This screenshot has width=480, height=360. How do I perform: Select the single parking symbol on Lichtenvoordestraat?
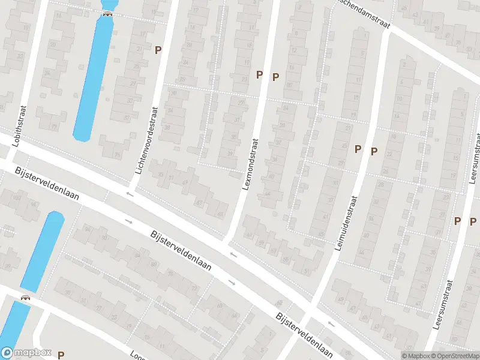pos(158,50)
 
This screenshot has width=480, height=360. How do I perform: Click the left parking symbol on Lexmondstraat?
pos(260,74)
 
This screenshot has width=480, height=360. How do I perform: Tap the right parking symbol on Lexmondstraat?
pos(276,76)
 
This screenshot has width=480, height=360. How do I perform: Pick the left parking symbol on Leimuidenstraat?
pos(358,149)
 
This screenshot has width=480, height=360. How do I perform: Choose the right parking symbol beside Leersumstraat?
pos(473,221)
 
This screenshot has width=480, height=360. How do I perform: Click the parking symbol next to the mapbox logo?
pos(61,355)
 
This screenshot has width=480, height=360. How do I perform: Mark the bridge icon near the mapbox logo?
pos(26,298)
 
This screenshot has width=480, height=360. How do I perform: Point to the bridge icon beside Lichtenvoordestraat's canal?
pos(108,14)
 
